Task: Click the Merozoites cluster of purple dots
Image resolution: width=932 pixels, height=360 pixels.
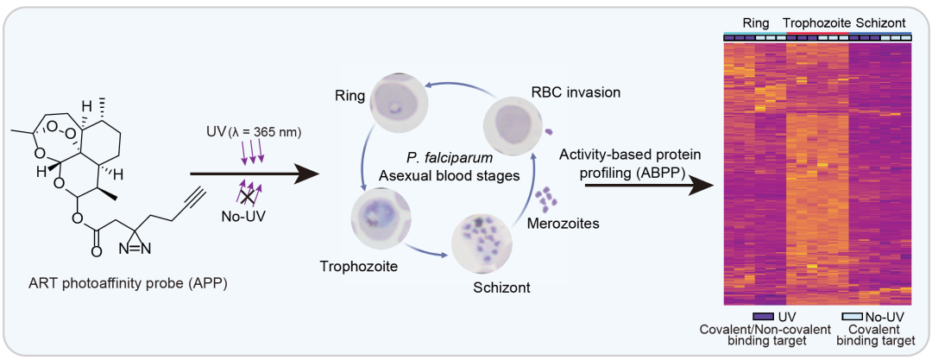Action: (x=545, y=201)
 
